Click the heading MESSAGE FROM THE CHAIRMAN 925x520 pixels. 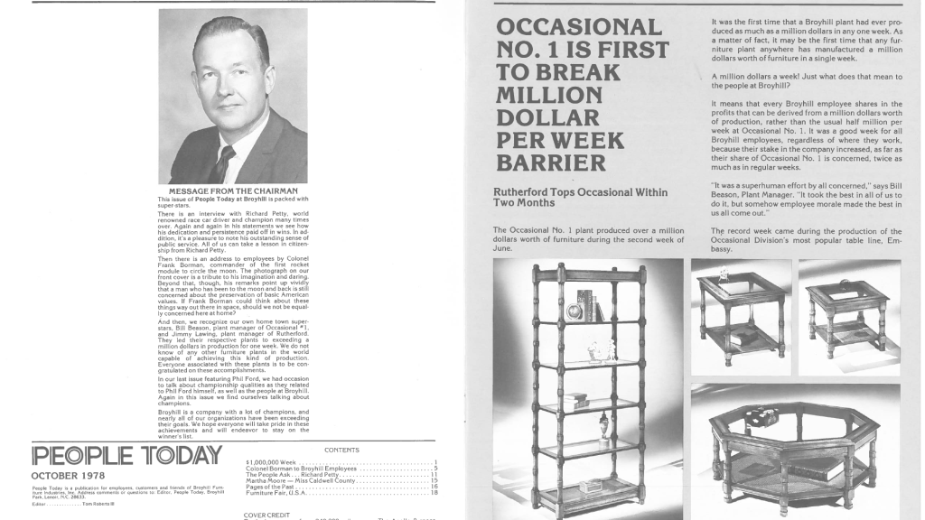click(232, 191)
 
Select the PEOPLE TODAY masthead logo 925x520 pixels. click(126, 455)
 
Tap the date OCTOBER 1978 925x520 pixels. click(68, 476)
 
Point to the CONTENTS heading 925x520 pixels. click(341, 450)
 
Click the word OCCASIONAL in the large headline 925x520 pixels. click(579, 27)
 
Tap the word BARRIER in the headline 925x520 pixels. click(550, 163)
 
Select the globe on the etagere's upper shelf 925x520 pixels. click(575, 311)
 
